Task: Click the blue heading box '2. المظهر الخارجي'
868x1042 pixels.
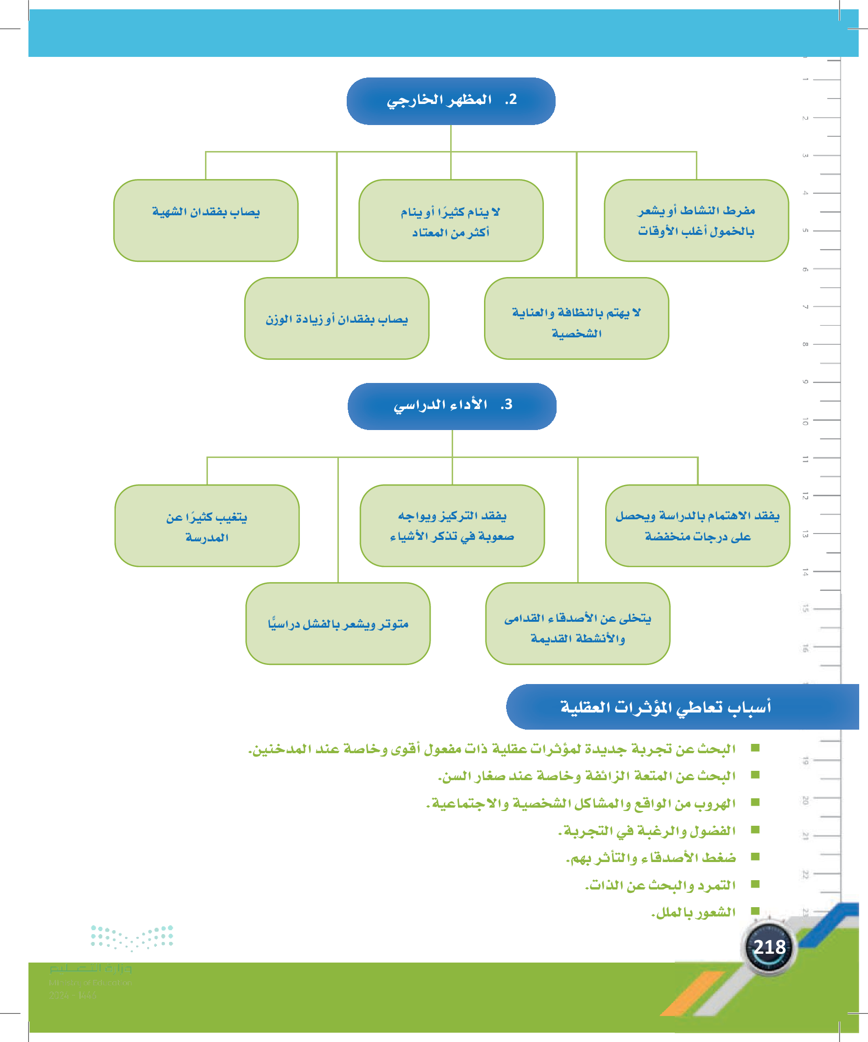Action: pyautogui.click(x=451, y=101)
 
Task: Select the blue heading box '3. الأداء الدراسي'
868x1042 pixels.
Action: pyautogui.click(x=452, y=406)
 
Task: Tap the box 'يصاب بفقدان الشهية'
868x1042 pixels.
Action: pyautogui.click(x=205, y=220)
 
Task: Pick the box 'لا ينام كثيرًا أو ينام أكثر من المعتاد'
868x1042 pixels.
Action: pyautogui.click(x=451, y=220)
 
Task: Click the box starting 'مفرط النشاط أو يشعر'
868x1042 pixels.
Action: pyautogui.click(x=696, y=220)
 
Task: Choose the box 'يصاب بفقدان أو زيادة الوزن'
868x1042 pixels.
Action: pyautogui.click(x=336, y=318)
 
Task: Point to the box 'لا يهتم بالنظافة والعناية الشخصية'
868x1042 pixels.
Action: pyautogui.click(x=576, y=318)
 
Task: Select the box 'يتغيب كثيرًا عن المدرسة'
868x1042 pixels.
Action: pyautogui.click(x=206, y=526)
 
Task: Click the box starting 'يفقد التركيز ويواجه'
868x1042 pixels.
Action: pyautogui.click(x=452, y=526)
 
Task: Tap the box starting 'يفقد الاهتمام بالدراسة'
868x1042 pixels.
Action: pyautogui.click(x=697, y=526)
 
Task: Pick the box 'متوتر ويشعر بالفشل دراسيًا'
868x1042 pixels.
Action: pyautogui.click(x=337, y=623)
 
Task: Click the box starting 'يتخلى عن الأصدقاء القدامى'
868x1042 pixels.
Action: pyautogui.click(x=577, y=623)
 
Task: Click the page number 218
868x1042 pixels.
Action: pyautogui.click(x=769, y=947)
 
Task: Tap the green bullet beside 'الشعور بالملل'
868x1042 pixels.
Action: pyautogui.click(x=755, y=911)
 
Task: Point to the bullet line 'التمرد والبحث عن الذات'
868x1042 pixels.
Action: pyautogui.click(x=660, y=885)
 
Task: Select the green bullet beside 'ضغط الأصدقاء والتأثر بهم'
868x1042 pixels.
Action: pyautogui.click(x=755, y=857)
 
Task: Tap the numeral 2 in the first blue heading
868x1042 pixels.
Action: pyautogui.click(x=512, y=100)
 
